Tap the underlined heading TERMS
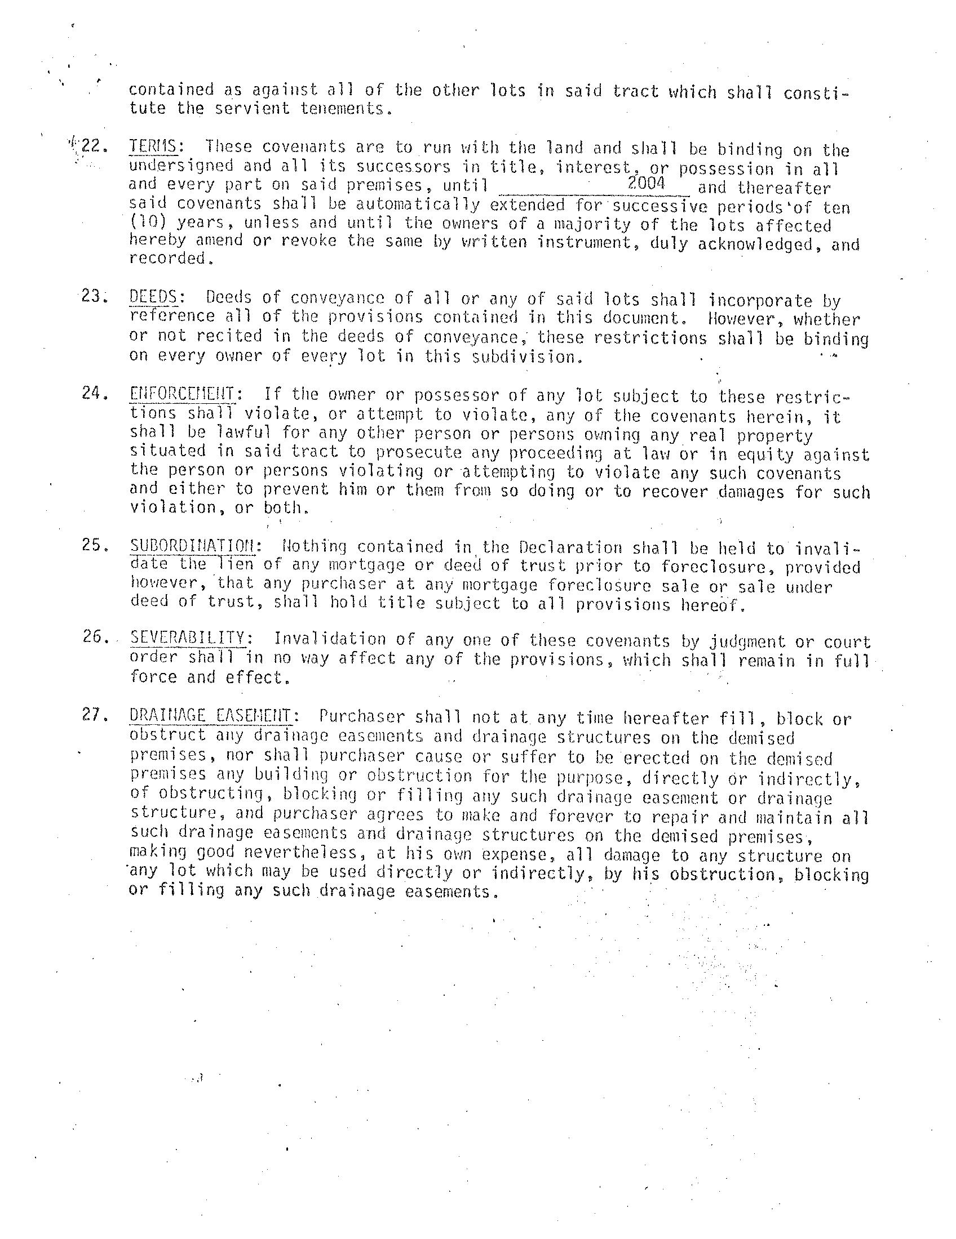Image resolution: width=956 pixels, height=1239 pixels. pyautogui.click(x=152, y=147)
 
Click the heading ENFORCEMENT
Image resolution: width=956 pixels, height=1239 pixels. pyautogui.click(x=182, y=394)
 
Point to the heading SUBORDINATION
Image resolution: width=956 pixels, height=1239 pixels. pyautogui.click(x=192, y=546)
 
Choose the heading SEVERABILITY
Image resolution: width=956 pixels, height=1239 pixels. pyautogui.click(x=188, y=638)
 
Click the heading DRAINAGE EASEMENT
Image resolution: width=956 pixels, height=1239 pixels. pyautogui.click(x=210, y=715)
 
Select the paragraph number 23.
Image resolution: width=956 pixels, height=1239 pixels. pyautogui.click(x=93, y=296)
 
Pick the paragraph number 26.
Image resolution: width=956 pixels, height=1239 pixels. pyautogui.click(x=94, y=637)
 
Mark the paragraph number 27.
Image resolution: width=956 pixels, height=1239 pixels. pyautogui.click(x=94, y=715)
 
